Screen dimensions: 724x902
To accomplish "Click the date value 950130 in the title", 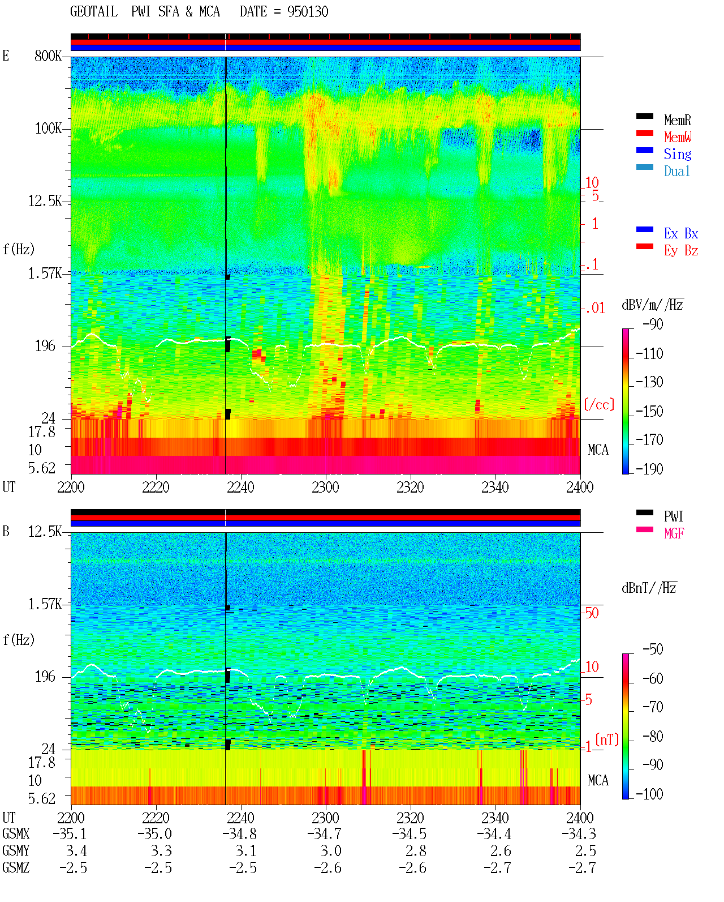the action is coord(307,12).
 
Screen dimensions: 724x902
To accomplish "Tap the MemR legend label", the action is coord(677,120).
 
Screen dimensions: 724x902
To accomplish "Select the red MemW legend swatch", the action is coord(644,133).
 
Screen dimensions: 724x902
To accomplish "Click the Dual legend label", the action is coord(676,171).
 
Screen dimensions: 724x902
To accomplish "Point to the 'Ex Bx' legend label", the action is coord(680,233).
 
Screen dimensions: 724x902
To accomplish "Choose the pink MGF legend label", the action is coord(674,533).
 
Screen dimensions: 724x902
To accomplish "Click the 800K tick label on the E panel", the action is coord(48,55).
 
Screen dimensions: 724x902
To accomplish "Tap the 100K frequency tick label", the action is coord(48,129).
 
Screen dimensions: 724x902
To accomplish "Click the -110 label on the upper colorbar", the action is coord(649,354).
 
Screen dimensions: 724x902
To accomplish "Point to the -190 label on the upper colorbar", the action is coord(649,469).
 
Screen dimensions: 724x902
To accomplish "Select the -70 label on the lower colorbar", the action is coord(653,707).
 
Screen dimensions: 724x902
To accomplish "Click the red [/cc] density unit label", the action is coord(599,404).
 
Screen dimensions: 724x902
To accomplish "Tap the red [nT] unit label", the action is coord(607,739).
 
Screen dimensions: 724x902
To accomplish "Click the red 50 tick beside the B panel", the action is coord(592,613).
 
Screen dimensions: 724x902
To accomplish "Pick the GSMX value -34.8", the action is coord(239,833).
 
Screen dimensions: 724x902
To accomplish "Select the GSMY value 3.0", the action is coord(331,850).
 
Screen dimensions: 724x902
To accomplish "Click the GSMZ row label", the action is coord(16,867).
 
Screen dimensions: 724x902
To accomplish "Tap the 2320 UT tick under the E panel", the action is coord(411,487).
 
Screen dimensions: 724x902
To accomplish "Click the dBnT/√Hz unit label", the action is coord(649,588).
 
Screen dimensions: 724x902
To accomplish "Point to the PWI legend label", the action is coord(673,516).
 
